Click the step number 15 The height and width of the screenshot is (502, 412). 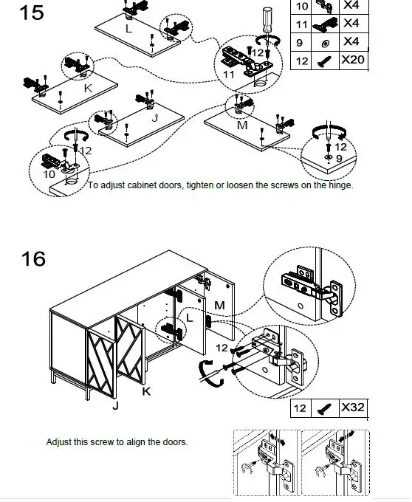click(x=31, y=13)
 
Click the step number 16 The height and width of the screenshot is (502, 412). click(x=33, y=258)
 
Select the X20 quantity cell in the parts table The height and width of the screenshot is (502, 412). click(x=354, y=60)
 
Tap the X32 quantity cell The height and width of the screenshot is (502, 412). click(x=354, y=408)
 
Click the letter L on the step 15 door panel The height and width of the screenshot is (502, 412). click(x=128, y=29)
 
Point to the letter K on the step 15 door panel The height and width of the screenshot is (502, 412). click(x=88, y=89)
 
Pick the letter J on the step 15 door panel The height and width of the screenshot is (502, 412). click(x=155, y=118)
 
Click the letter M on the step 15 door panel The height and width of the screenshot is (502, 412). click(x=243, y=125)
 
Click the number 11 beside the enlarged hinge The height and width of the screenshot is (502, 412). click(x=229, y=75)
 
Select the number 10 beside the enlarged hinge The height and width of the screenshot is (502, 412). click(x=49, y=174)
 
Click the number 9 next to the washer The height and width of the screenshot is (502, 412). click(x=339, y=158)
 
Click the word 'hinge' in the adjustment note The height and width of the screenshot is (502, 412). click(x=340, y=185)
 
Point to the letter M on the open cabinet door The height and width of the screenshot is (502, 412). click(x=219, y=305)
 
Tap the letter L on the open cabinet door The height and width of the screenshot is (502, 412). click(x=190, y=318)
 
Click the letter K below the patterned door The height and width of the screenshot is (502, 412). click(x=146, y=391)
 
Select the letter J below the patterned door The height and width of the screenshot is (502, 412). click(x=116, y=406)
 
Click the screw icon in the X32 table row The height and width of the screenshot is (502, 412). click(x=325, y=409)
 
